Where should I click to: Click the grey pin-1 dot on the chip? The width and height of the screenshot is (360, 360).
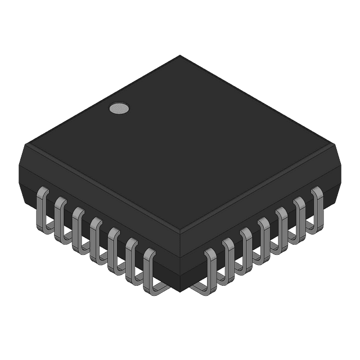tap(118, 108)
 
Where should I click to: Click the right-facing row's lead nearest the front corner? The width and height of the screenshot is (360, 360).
tap(211, 269)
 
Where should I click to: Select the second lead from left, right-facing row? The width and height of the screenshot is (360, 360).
tap(228, 258)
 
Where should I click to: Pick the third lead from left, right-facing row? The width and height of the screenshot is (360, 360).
tap(246, 248)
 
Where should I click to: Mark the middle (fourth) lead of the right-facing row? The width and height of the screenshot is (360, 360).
tap(264, 237)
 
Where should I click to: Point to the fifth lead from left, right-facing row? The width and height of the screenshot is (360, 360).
tap(282, 227)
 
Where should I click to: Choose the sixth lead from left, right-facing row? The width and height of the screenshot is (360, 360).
tap(300, 217)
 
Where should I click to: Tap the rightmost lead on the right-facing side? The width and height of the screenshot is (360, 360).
tap(316, 207)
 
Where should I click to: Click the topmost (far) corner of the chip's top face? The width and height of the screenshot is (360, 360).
tap(180, 56)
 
